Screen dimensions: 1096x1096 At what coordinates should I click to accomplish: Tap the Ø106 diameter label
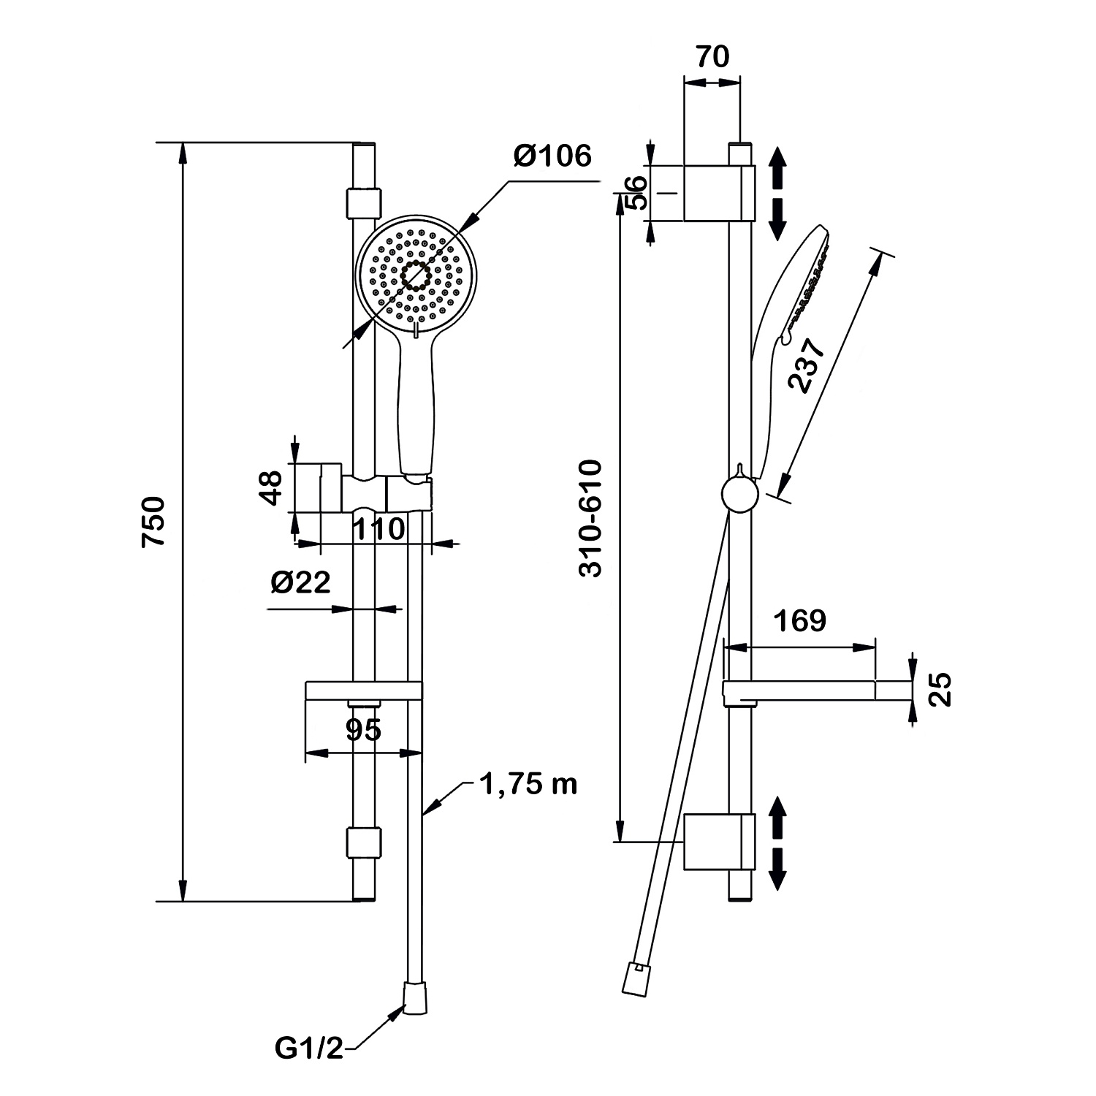(552, 156)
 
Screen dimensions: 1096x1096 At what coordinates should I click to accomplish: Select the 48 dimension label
(271, 487)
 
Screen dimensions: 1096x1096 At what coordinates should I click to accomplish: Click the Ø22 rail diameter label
(300, 582)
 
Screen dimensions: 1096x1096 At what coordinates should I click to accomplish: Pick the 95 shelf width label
(363, 729)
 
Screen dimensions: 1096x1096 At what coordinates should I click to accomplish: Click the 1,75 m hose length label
(528, 784)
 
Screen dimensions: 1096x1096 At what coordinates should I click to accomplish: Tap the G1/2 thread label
(308, 1049)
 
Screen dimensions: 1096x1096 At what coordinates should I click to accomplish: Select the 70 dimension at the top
(712, 56)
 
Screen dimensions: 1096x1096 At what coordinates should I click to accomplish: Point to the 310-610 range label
(590, 519)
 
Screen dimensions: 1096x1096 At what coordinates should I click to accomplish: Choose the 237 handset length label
(807, 365)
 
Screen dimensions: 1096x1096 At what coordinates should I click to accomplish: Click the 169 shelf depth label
(799, 620)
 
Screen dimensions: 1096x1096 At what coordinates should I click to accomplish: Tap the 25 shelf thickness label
(942, 690)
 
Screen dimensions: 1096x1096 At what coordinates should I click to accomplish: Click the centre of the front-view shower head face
(416, 275)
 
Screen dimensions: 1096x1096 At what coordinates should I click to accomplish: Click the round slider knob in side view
(740, 495)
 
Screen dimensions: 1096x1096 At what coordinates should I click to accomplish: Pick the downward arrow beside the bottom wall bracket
(777, 867)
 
